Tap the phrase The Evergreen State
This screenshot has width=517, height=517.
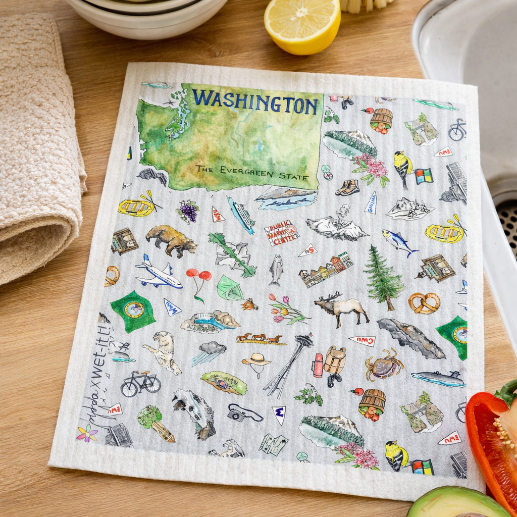(x=252, y=172)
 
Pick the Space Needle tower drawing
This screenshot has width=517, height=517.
(x=289, y=365)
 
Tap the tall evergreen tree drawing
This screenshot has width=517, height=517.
(x=383, y=278)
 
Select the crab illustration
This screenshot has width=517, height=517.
(x=383, y=366)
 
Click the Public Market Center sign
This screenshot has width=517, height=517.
(x=281, y=233)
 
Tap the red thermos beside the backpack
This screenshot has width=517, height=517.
(x=318, y=365)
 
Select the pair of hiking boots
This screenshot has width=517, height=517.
(x=348, y=187)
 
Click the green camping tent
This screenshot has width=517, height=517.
(x=229, y=288)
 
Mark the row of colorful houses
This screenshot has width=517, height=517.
(x=326, y=270)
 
